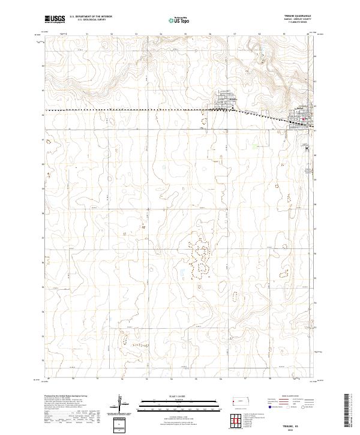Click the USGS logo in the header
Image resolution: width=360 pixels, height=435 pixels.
click(55, 19)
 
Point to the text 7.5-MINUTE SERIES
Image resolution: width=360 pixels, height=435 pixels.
click(298, 23)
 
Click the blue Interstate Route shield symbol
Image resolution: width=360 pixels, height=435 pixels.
click(269, 406)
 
